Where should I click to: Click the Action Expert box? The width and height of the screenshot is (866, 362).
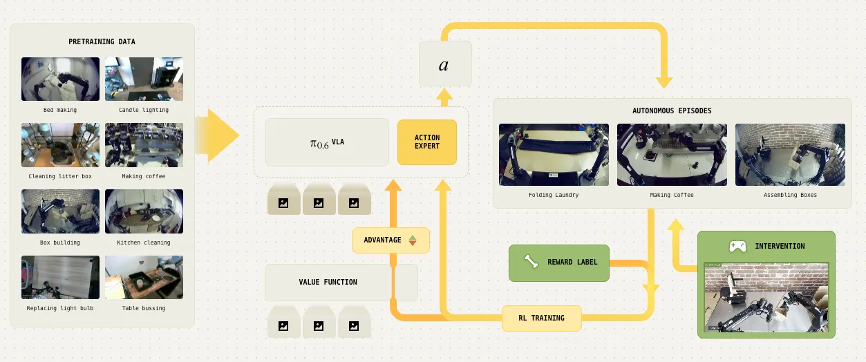tap(426, 142)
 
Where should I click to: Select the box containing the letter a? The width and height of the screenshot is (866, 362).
tap(444, 64)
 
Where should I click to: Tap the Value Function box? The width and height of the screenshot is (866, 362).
tap(328, 282)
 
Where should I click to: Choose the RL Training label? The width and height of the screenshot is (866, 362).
tap(541, 318)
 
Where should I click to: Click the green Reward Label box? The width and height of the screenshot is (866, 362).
tap(559, 263)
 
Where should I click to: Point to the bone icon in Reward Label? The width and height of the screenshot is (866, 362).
tap(530, 262)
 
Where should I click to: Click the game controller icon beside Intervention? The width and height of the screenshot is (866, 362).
tap(737, 246)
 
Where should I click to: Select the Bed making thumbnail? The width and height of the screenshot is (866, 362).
tap(60, 79)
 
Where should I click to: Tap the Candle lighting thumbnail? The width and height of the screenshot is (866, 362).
tap(144, 79)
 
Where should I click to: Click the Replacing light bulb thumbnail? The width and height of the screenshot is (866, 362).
tap(60, 277)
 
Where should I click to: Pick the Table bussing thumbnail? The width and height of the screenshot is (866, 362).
tap(144, 277)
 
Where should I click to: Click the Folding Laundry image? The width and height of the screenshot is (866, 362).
tap(554, 154)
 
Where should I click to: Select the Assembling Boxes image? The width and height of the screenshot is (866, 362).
tap(790, 154)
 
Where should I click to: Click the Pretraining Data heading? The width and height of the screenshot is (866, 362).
tap(102, 41)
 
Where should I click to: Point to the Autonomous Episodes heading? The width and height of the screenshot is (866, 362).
tap(672, 111)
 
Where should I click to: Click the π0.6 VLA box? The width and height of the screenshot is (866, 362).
tap(327, 142)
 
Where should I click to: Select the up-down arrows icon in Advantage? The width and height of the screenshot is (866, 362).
tap(413, 240)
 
